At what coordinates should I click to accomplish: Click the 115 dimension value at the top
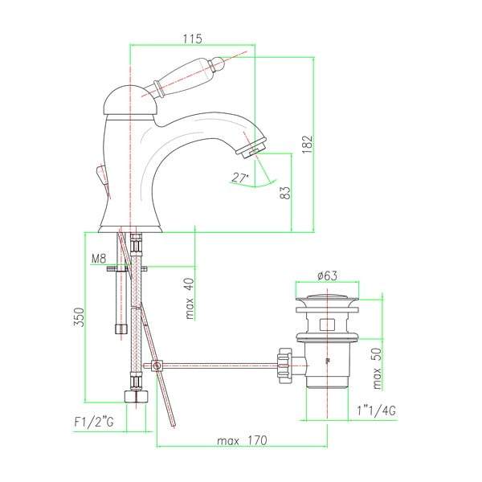coord(193,39)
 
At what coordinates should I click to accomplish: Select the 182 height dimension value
coord(307,144)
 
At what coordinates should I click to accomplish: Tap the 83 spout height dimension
coord(285,193)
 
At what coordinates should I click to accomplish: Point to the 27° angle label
coord(240,178)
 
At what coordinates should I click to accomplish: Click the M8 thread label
coord(99,259)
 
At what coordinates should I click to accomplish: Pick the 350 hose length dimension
coord(79,317)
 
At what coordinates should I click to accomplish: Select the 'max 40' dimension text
coord(190,299)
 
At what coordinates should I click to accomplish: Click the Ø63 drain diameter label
coord(327,276)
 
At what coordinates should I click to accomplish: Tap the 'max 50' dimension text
coord(377,369)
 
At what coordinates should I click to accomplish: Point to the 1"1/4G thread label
coord(377,411)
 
